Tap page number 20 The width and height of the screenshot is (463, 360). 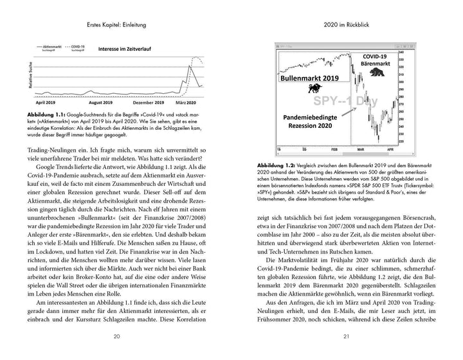click(x=116, y=336)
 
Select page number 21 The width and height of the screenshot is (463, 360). click(x=347, y=336)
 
